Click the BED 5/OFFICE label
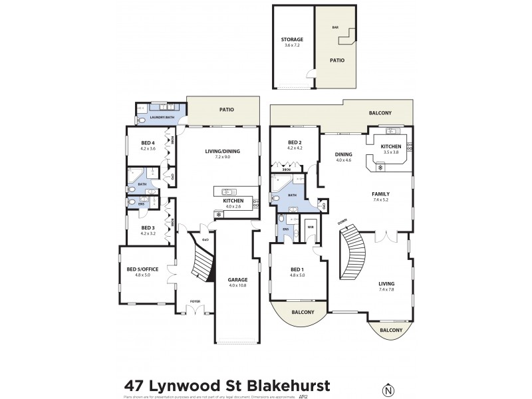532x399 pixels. pyautogui.click(x=144, y=269)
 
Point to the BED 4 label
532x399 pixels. pyautogui.click(x=148, y=143)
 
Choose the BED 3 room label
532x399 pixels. pyautogui.click(x=148, y=228)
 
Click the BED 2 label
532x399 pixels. pyautogui.click(x=295, y=143)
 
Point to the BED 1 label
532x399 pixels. pyautogui.click(x=295, y=269)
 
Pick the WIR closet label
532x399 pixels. pyautogui.click(x=311, y=226)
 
